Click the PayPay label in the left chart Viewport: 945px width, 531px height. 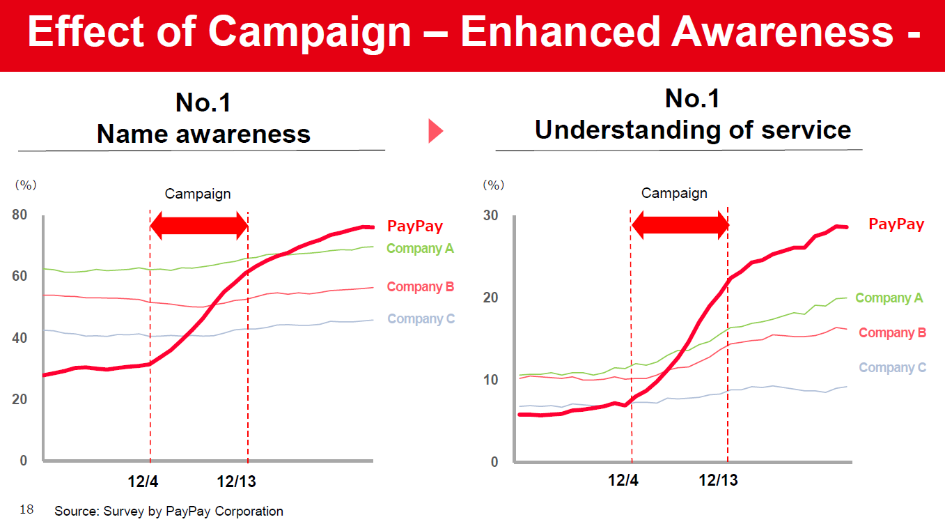click(x=414, y=226)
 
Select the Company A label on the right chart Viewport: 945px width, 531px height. click(x=889, y=298)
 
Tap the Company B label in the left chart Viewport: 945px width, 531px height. click(x=420, y=287)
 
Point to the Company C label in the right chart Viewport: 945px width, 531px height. click(x=892, y=368)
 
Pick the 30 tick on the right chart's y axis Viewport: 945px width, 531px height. click(x=491, y=215)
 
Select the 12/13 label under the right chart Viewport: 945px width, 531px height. click(x=718, y=480)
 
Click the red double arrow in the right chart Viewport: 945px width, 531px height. click(x=680, y=225)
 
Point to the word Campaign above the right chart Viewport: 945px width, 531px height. click(x=674, y=193)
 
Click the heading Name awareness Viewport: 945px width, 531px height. click(x=203, y=134)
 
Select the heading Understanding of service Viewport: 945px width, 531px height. click(x=692, y=130)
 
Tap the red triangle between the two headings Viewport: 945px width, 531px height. click(x=435, y=130)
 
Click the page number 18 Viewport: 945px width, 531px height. click(x=26, y=510)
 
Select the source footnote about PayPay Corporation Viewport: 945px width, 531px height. click(x=169, y=511)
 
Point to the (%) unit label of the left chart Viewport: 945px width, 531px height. click(x=26, y=185)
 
